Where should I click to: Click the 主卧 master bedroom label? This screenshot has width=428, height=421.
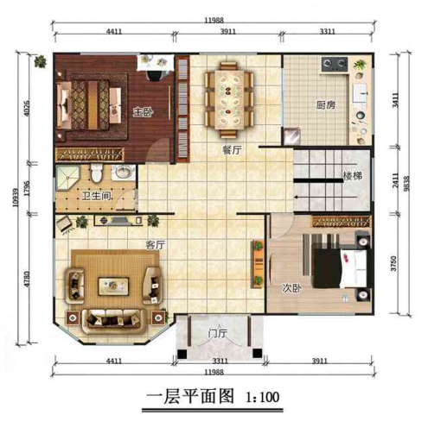[143, 112]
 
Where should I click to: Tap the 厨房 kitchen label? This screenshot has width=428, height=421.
[326, 105]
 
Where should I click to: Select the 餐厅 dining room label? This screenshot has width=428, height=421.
[232, 149]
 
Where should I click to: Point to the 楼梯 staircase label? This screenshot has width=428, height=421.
[352, 176]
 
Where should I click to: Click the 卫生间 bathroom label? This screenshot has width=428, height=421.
[97, 196]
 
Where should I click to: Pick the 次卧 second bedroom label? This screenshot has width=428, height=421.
[291, 288]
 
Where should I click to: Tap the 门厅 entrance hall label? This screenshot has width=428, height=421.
[218, 333]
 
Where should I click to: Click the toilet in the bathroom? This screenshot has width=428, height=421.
[97, 173]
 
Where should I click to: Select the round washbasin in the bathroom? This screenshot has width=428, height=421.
[125, 173]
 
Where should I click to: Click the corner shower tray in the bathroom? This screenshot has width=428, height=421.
[67, 178]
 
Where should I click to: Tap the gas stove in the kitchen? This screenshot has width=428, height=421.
[335, 65]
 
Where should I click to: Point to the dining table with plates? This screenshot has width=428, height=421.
[229, 99]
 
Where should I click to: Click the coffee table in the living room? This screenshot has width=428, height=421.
[113, 286]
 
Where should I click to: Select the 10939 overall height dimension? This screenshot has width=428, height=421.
[16, 198]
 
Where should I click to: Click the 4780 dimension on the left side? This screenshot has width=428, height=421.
[27, 279]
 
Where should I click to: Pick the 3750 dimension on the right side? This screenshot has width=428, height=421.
[393, 263]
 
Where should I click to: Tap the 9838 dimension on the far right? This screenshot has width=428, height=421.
[406, 184]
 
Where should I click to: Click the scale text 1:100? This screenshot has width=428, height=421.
[262, 397]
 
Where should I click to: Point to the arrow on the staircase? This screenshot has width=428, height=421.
[326, 198]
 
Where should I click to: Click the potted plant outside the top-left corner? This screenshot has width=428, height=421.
[41, 61]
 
